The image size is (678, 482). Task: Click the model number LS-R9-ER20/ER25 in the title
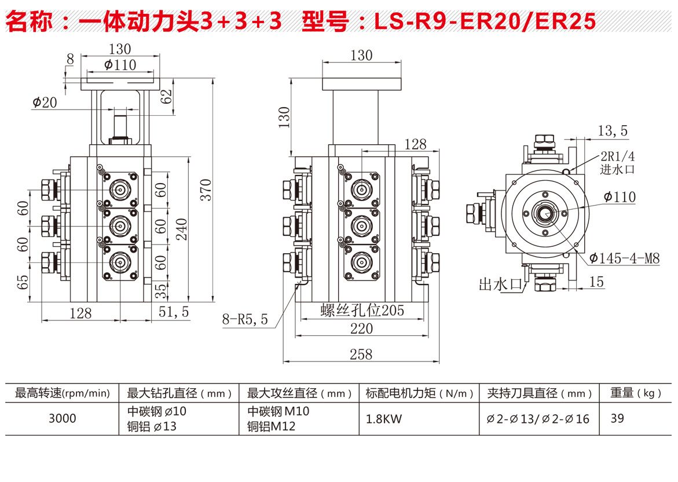[x=485, y=21]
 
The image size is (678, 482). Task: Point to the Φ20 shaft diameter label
[x=45, y=103]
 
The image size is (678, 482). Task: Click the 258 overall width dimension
[x=361, y=353]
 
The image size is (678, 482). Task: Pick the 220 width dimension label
[x=362, y=328]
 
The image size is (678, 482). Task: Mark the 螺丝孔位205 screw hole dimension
[x=362, y=311]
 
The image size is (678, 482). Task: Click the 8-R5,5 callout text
[x=245, y=319]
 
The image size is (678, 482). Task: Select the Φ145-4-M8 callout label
[x=625, y=258]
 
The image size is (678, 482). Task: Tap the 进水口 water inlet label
[x=618, y=169]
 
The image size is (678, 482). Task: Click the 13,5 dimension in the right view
[x=613, y=131]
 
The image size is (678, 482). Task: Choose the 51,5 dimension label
[x=174, y=312]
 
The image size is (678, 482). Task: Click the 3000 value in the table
[x=62, y=418]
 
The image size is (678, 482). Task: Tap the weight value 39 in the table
[x=617, y=418]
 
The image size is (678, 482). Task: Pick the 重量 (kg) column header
[x=635, y=393]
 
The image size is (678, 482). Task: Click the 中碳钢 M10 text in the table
[x=278, y=411]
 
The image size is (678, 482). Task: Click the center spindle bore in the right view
[x=544, y=213]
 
